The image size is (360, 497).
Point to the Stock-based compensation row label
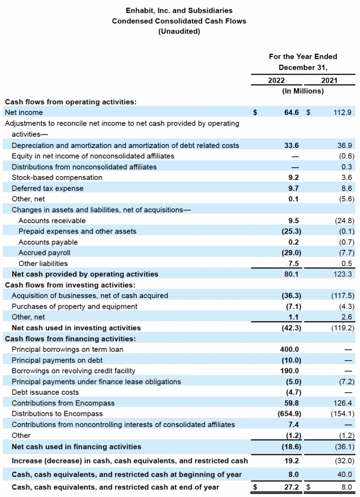click(57, 178)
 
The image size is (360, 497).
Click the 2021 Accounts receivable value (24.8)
click(344, 220)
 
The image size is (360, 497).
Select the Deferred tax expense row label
click(48, 188)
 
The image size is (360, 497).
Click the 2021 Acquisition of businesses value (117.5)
click(342, 296)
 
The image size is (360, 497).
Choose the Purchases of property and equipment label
click(74, 306)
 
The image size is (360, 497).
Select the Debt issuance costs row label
click(45, 392)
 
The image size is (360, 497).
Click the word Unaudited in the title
click(179, 32)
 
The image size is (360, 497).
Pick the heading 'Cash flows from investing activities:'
click(70, 285)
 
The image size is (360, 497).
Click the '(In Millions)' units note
click(303, 91)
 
